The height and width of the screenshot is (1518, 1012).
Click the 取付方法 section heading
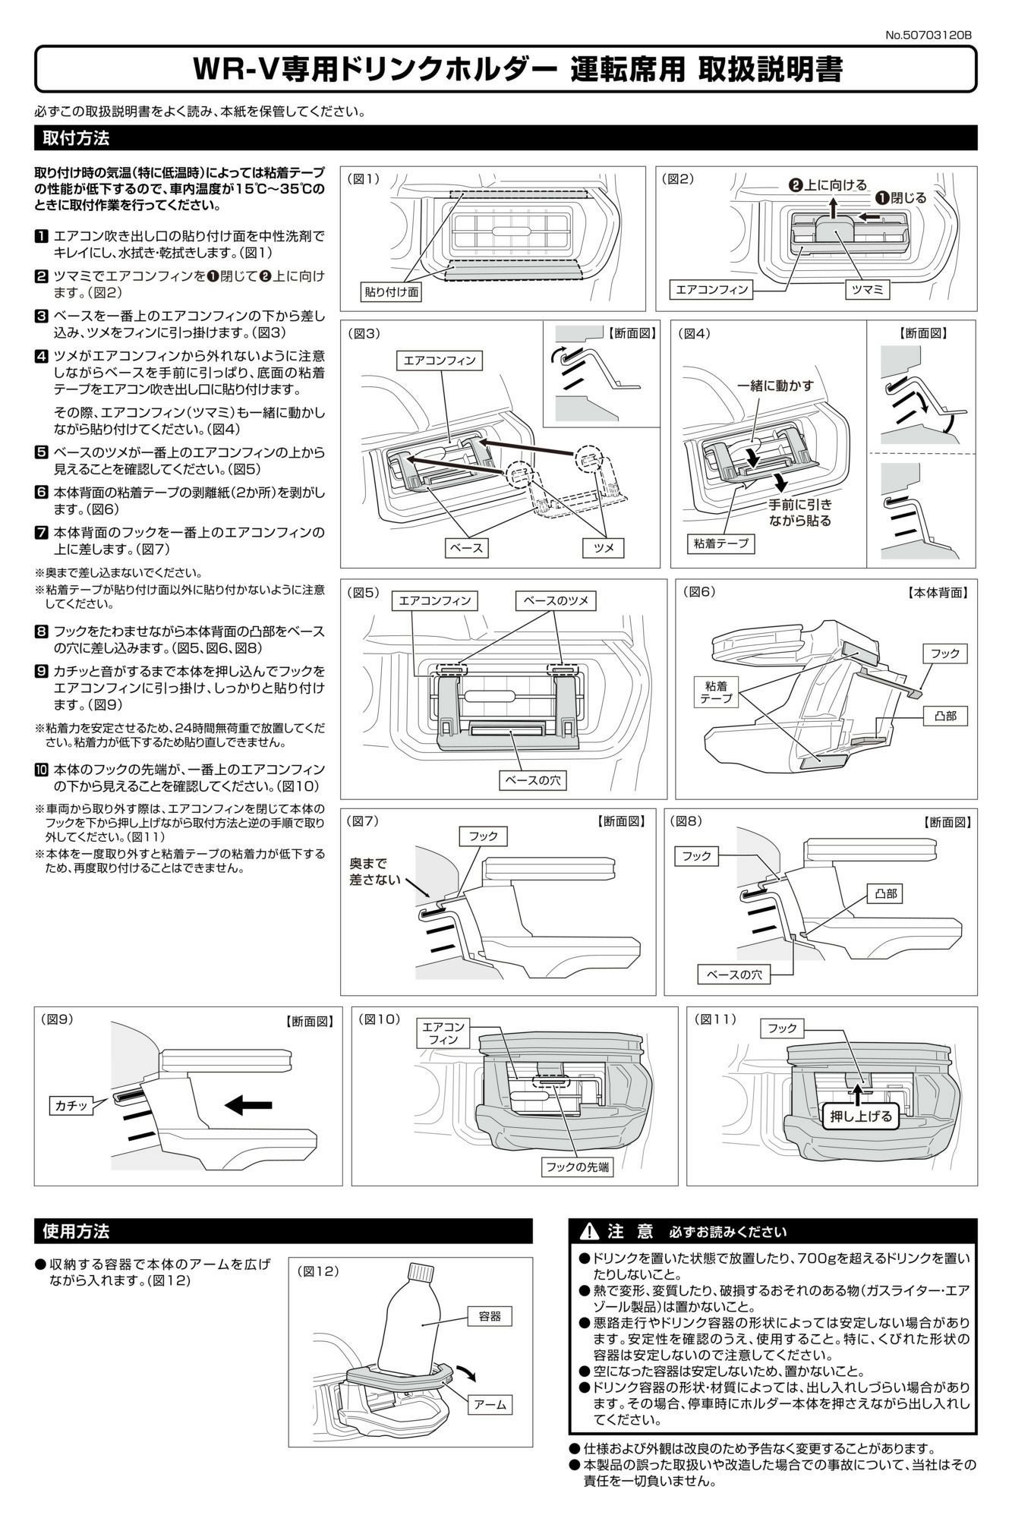tap(76, 138)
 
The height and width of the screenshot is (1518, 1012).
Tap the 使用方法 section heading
tap(76, 1230)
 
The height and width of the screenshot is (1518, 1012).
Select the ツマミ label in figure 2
tap(868, 289)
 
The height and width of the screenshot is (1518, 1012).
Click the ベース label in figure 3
tap(466, 547)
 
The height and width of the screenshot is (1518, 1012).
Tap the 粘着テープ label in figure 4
tap(721, 543)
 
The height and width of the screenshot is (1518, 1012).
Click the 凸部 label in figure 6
tap(945, 716)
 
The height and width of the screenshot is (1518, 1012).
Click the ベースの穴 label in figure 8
tap(734, 975)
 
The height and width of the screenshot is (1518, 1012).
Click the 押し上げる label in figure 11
tap(861, 1116)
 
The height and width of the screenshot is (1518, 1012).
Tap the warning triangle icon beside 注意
tap(589, 1231)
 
